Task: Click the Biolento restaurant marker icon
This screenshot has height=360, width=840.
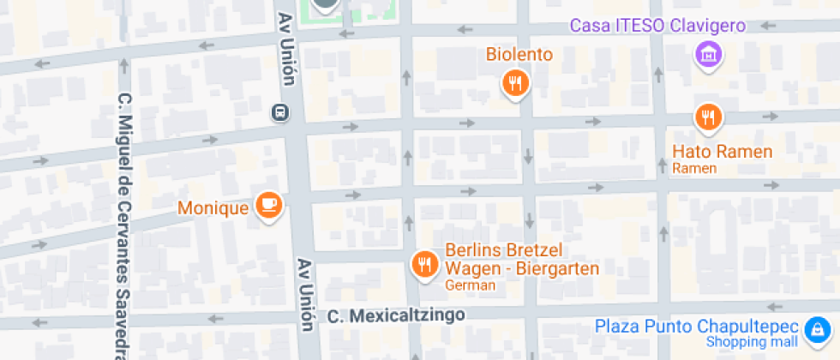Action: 515,82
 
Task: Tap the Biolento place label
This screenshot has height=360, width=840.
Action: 519,55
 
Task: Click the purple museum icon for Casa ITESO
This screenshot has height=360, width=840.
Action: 709,56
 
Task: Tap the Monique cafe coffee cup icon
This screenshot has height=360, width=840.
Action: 269,205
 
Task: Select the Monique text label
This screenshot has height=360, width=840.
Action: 213,207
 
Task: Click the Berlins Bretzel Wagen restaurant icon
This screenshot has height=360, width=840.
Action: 424,265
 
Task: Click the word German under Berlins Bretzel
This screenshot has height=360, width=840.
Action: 471,285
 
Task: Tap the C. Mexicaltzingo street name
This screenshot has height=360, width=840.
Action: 396,316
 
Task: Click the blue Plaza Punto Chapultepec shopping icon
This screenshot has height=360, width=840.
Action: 815,327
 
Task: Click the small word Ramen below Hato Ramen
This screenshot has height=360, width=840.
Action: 693,169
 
